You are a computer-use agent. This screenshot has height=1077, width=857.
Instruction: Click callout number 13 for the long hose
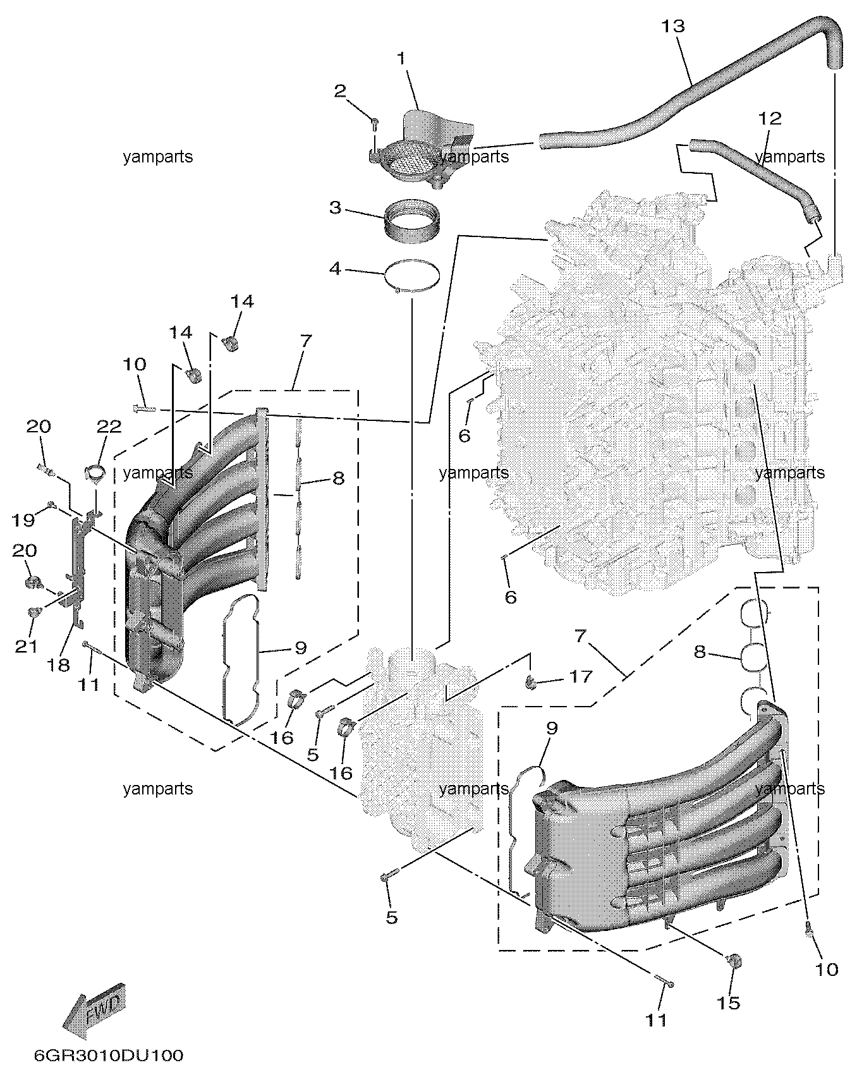(x=672, y=27)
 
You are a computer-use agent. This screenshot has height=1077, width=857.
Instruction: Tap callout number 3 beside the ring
(x=335, y=207)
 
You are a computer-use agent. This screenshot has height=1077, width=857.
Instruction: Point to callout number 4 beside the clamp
(x=335, y=269)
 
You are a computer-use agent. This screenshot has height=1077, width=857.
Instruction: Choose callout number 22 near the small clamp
(x=109, y=427)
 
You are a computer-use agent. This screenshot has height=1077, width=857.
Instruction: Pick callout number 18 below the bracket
(x=59, y=665)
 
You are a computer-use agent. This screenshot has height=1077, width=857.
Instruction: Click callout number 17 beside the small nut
(x=581, y=676)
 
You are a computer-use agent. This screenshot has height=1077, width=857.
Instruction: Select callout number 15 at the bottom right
(x=729, y=1003)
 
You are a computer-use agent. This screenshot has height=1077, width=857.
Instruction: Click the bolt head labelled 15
(x=735, y=961)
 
